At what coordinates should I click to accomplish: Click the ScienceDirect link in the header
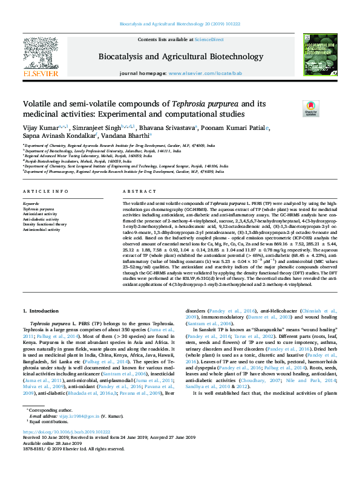(209, 39)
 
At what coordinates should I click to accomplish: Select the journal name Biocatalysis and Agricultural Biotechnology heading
(180, 56)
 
